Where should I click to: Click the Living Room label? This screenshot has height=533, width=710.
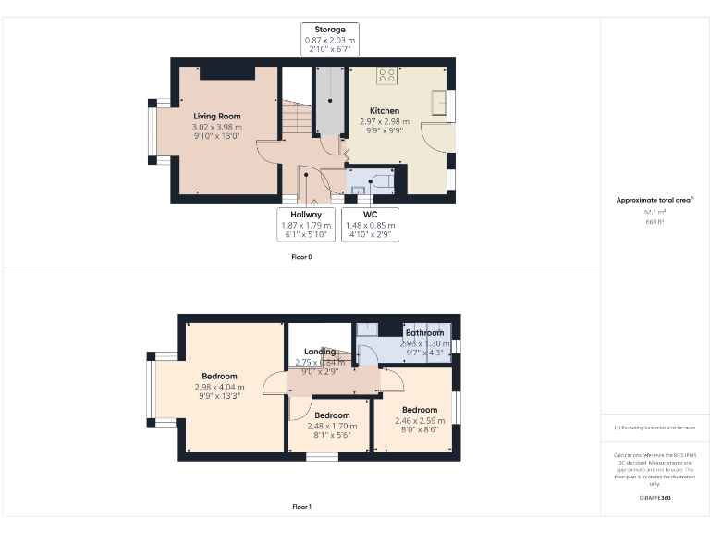(217, 117)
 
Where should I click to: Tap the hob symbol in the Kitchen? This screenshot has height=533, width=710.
(386, 75)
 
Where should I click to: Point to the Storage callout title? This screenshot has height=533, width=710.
(330, 30)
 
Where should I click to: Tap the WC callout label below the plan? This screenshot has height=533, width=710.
(370, 215)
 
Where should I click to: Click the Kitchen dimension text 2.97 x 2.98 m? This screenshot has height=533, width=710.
(385, 121)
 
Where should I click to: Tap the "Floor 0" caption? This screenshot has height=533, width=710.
(301, 256)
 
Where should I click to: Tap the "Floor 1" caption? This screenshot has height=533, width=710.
(301, 506)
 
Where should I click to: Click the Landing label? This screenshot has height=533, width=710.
(320, 352)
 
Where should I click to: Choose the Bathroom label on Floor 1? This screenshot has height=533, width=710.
(424, 333)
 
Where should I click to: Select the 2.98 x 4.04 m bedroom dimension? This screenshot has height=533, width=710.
(219, 387)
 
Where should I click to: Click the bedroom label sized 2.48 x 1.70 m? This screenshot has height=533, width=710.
(331, 415)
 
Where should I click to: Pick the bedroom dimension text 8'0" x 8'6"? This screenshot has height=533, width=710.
(419, 430)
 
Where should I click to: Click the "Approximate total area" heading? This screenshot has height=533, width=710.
(654, 200)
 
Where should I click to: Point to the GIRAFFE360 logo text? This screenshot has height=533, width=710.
(655, 498)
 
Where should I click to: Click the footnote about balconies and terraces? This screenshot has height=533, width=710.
(655, 428)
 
